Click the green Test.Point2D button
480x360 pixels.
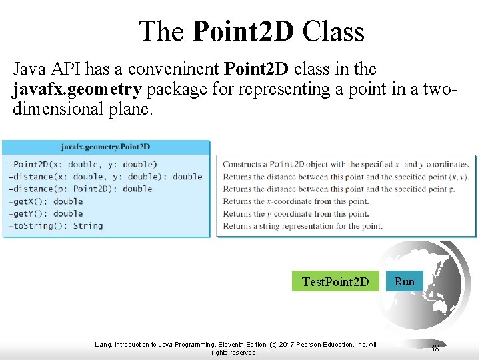335,281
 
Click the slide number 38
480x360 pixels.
434,348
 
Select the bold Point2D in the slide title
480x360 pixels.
243,31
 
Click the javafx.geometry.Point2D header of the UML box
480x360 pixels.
105,147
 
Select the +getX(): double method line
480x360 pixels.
45,201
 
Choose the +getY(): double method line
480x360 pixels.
45,213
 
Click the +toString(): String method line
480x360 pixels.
55,226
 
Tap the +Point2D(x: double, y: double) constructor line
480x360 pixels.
83,165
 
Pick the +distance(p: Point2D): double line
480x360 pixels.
80,189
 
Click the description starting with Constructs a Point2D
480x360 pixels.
345,165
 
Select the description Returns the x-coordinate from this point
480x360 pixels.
295,201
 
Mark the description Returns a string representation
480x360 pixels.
302,226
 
